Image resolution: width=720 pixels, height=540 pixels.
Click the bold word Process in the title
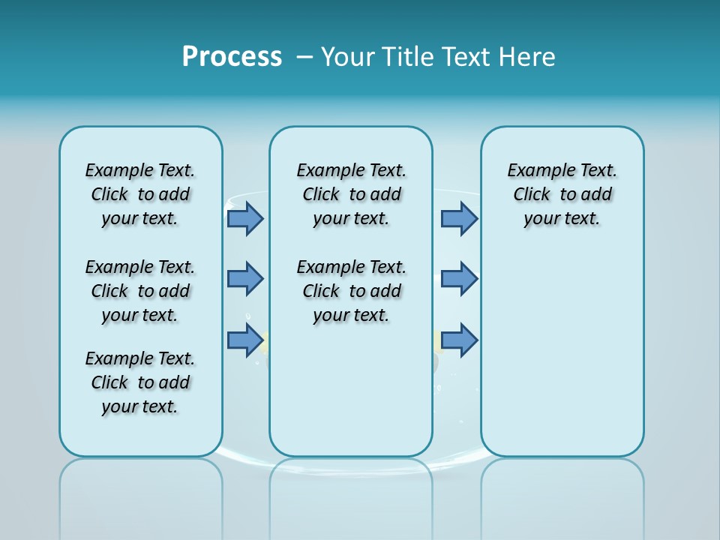(232, 56)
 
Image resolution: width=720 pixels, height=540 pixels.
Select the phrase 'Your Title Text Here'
(438, 56)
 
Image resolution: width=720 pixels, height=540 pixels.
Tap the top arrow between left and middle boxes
(245, 218)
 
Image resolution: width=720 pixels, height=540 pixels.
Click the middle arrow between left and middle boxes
(245, 279)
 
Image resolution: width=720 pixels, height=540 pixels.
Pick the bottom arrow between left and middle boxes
(245, 340)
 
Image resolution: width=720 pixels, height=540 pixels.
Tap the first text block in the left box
(140, 194)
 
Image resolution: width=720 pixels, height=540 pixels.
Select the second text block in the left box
(140, 291)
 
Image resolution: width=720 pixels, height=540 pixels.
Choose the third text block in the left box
(140, 382)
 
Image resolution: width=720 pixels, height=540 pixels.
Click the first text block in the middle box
(351, 194)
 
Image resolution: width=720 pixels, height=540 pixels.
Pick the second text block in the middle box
(351, 291)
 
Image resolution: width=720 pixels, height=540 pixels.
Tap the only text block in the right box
(562, 194)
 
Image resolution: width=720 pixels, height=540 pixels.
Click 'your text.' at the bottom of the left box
(140, 406)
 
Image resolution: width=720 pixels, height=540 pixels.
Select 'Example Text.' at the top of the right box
(562, 170)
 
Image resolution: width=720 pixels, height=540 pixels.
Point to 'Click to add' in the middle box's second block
(351, 291)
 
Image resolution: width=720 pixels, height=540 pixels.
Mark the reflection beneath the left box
(141, 495)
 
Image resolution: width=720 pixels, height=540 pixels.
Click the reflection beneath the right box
(562, 495)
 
